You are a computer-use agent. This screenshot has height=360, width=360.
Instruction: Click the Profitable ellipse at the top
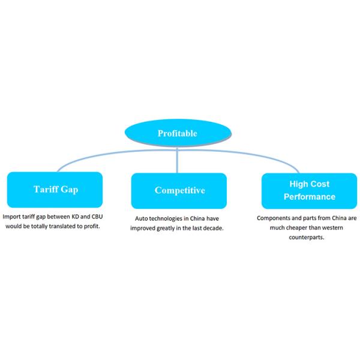(x=176, y=133)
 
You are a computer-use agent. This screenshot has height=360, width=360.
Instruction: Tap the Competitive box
(x=179, y=190)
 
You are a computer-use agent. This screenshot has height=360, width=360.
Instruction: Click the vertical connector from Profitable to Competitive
(x=177, y=159)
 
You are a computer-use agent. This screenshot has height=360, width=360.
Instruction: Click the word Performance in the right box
(x=310, y=196)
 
